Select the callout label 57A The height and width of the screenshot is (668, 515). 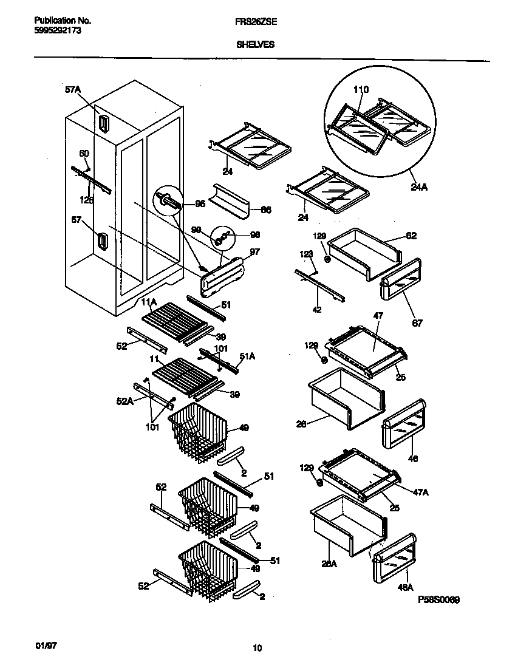click(72, 90)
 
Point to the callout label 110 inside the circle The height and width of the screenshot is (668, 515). click(361, 89)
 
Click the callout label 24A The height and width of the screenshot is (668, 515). click(419, 188)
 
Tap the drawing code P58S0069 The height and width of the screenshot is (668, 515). click(438, 599)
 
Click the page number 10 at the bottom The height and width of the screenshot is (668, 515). click(257, 649)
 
